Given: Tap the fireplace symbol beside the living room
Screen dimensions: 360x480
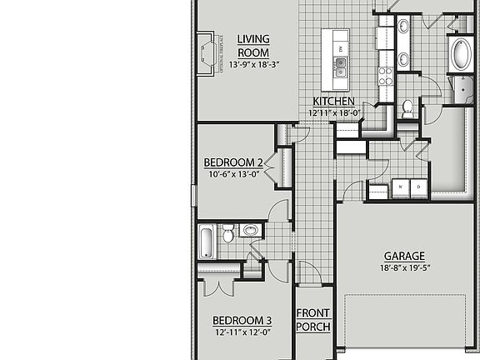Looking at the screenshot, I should [207, 54].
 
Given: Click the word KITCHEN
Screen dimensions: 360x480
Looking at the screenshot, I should [333, 102].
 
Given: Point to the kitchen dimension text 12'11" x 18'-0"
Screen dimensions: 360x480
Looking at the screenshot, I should [333, 113].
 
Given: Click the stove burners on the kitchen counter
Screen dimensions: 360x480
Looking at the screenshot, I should [386, 77].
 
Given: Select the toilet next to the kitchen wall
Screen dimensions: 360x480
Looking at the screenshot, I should [407, 107].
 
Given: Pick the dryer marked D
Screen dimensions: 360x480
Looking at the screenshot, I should [417, 188].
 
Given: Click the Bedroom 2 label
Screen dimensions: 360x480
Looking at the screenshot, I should [233, 162].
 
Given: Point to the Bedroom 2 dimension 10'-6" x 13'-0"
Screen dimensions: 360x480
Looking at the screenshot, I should [233, 174].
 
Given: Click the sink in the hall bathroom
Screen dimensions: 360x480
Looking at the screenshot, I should [250, 231].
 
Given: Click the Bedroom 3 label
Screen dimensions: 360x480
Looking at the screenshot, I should [241, 321].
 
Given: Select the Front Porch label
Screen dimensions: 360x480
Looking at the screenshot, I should [313, 320].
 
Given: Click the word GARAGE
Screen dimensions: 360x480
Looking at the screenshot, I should [404, 256].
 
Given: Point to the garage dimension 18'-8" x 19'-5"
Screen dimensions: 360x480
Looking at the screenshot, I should [404, 268].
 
